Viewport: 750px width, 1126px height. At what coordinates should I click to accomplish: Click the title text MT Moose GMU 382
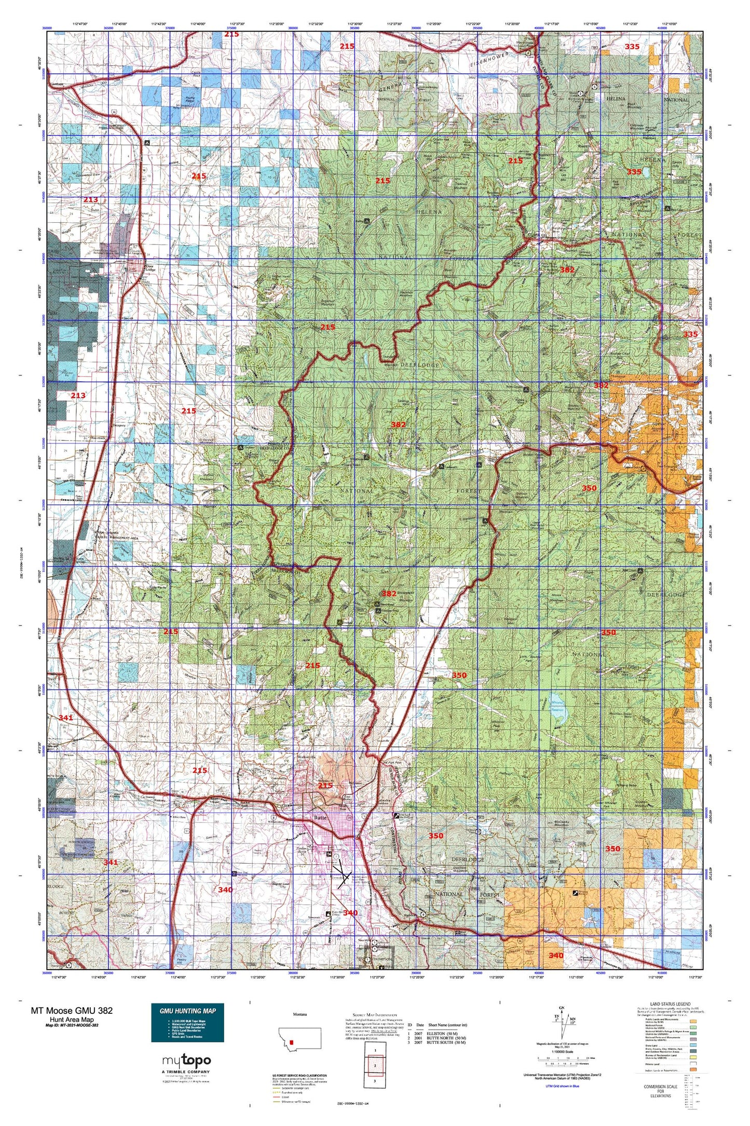pyautogui.click(x=72, y=1010)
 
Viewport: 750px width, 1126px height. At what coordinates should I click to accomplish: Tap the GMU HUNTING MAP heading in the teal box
pyautogui.click(x=187, y=1011)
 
